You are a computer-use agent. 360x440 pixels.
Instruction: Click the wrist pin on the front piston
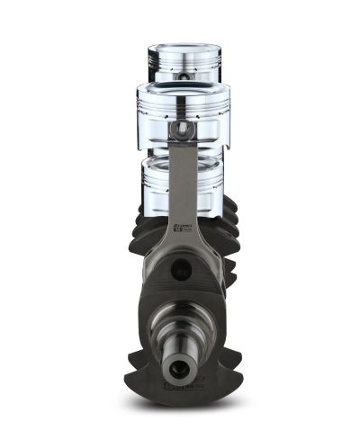click(183, 130)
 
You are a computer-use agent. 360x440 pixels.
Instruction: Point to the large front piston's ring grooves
click(184, 100)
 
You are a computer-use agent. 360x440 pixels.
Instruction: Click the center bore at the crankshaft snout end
click(180, 367)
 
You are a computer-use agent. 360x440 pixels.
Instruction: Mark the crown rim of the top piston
click(184, 45)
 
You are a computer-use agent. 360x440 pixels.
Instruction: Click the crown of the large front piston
click(184, 87)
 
